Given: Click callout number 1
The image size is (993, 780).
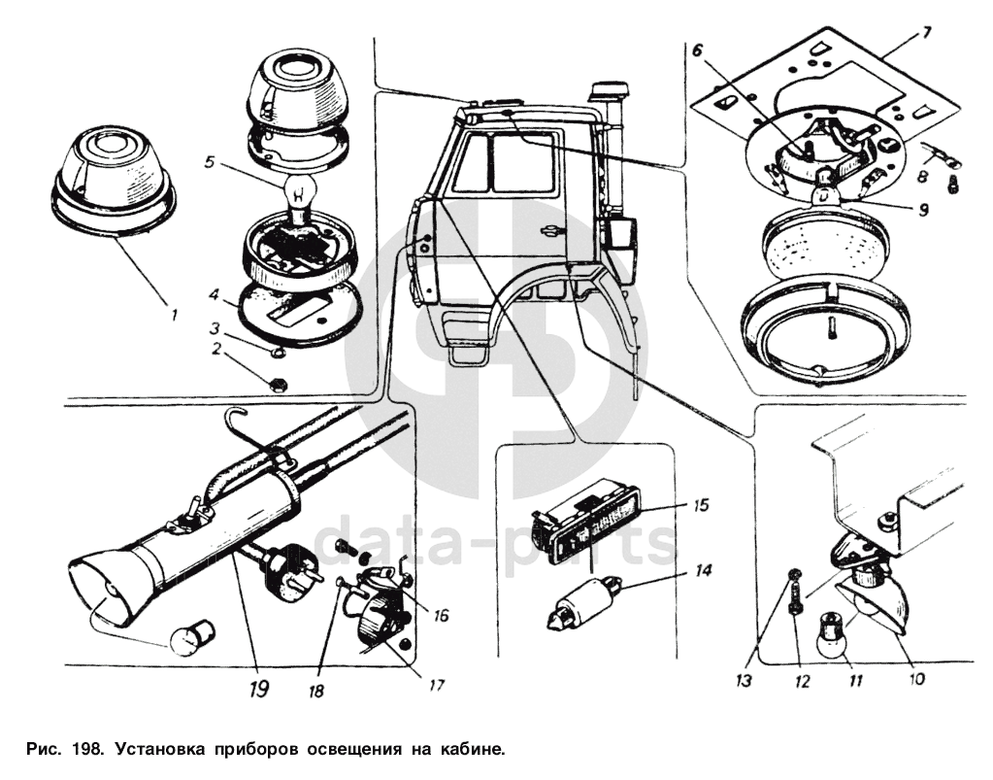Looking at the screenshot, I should (x=174, y=315).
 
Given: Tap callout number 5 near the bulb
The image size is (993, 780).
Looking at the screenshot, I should (x=211, y=161).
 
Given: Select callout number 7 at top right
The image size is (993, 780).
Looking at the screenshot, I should (x=926, y=32).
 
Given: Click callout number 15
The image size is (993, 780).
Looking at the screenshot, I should (x=701, y=505).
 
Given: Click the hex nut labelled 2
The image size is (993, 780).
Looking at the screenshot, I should (x=275, y=383).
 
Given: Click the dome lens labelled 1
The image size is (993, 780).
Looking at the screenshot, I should (x=113, y=180).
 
